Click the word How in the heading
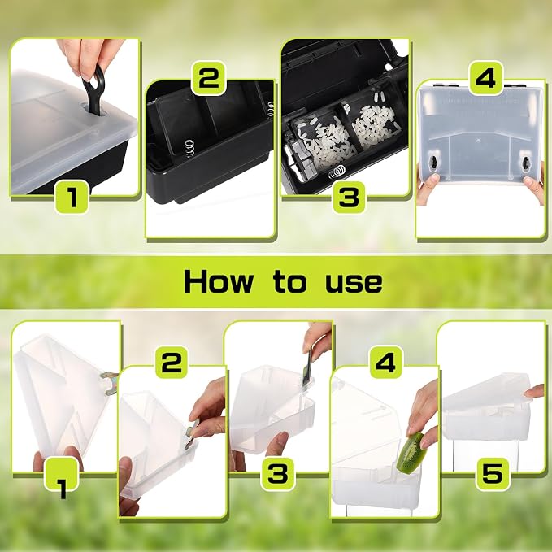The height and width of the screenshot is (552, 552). point(218,281)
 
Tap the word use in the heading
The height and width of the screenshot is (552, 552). point(354,284)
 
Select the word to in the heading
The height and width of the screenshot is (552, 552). point(289,281)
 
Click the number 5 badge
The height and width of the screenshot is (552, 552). point(493,473)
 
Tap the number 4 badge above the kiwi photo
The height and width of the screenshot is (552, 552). point(386,362)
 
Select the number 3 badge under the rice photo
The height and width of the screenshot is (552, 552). point(350,197)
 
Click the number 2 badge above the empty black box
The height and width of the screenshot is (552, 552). point(208,78)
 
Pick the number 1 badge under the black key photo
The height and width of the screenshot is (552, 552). point(72,197)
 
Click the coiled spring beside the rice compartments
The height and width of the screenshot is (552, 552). point(337,172)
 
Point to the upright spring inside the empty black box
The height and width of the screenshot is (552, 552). point(189,148)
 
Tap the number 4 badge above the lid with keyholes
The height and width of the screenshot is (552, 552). point(486,78)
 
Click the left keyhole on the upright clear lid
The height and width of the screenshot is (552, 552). point(432,163)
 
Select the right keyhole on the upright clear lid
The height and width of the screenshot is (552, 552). point(526,163)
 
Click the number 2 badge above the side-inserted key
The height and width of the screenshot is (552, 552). point(172,363)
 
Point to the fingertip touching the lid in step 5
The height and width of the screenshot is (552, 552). point(528,393)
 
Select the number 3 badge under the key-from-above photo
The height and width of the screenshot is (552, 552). point(278,473)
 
